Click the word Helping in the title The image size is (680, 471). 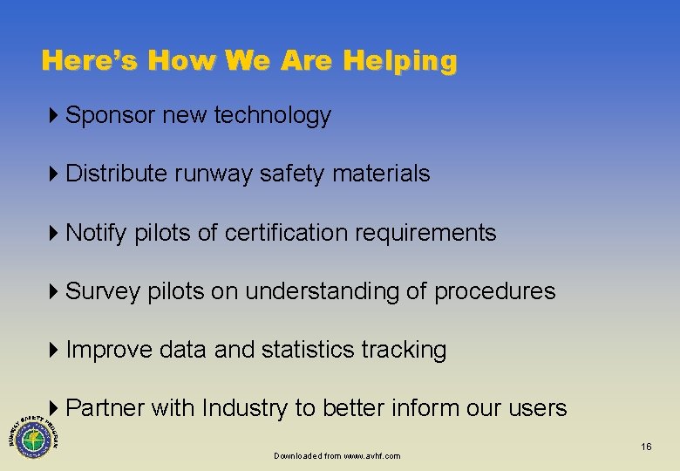pos(399,61)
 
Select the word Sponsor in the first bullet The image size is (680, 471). pos(110,115)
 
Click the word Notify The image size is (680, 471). pos(96,233)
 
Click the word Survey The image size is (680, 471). pos(102,291)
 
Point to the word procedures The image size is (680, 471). pos(494,291)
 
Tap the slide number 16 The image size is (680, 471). pos(646,447)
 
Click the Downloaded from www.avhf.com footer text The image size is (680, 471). pos(337,456)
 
